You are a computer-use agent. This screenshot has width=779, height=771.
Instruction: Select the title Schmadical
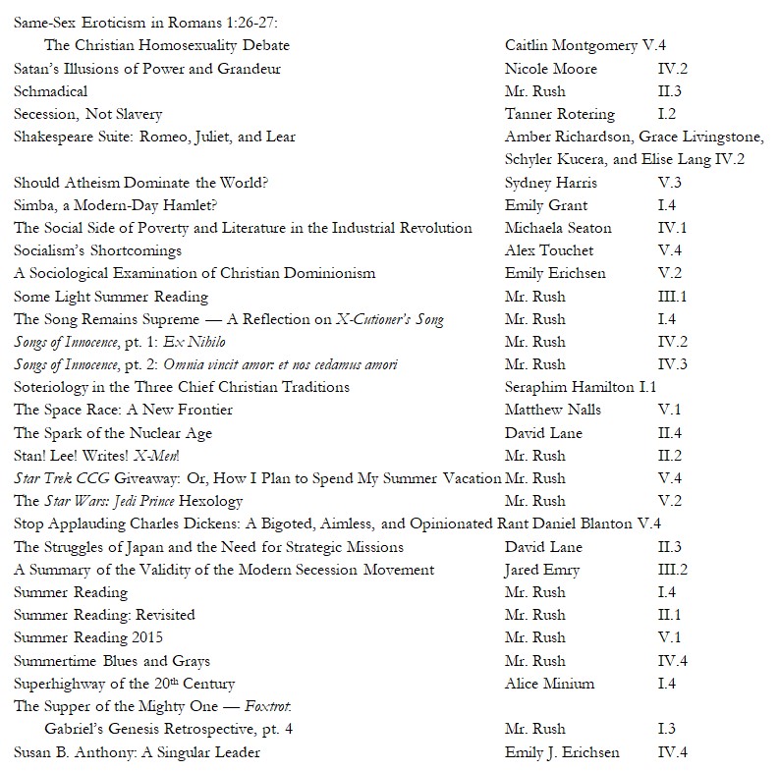pos(50,91)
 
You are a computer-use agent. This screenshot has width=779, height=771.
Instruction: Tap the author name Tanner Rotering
pos(559,114)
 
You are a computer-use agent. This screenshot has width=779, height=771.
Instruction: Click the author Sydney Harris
pos(550,183)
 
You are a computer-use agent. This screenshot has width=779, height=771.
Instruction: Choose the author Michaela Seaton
pos(558,228)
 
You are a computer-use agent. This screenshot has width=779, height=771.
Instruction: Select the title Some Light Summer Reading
pos(111,297)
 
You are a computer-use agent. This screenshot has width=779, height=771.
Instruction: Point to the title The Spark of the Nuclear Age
pos(113,433)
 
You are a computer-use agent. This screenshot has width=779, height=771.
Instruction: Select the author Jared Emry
pos(542,570)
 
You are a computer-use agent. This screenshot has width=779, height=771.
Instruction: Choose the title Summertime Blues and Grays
pos(112,661)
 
